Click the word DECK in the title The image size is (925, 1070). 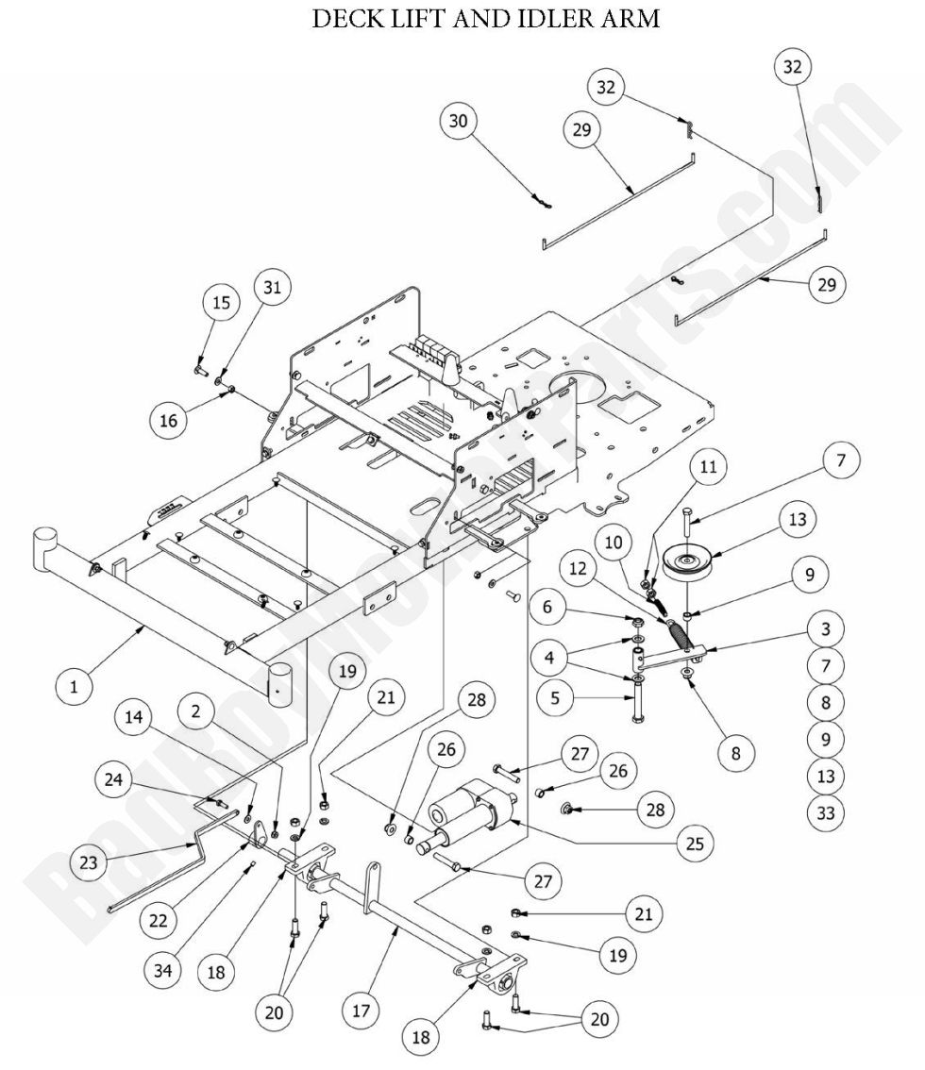click(345, 20)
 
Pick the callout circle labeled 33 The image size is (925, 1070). click(826, 812)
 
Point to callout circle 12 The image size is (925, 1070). click(578, 571)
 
